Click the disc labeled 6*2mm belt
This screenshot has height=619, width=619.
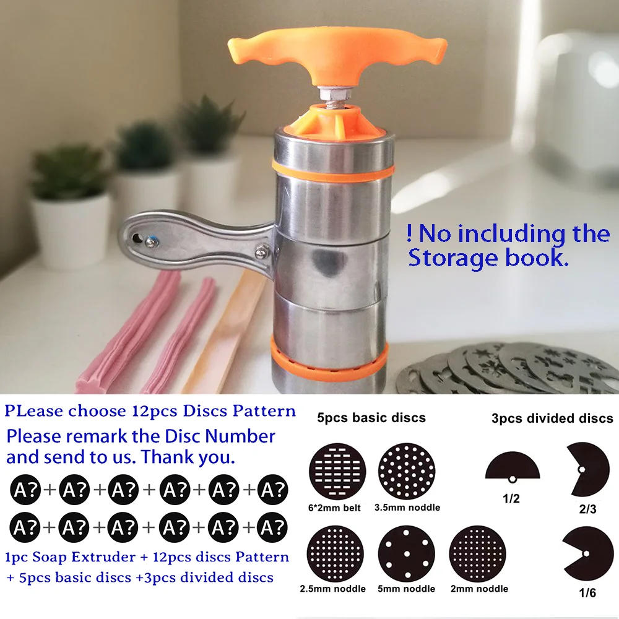(x=337, y=469)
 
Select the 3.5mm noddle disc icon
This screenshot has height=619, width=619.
(x=407, y=469)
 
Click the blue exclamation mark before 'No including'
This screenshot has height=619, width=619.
(x=410, y=234)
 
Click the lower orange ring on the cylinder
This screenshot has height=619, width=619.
(x=329, y=359)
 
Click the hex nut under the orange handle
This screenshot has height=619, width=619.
(x=337, y=93)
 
